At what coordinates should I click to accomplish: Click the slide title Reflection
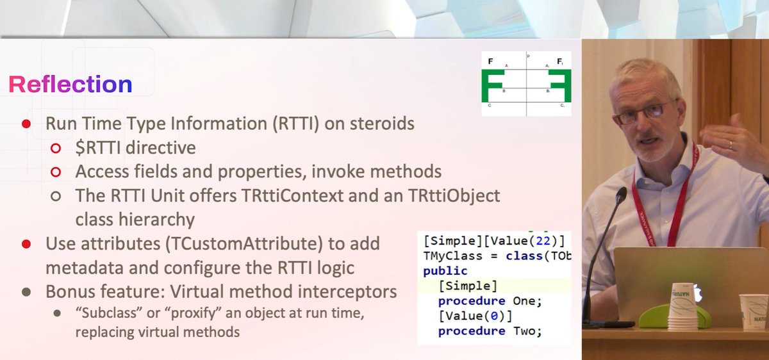click(x=70, y=84)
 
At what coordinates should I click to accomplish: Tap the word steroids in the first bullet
click(x=379, y=124)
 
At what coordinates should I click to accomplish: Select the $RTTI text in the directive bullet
click(x=99, y=148)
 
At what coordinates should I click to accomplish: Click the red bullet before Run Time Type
click(x=26, y=124)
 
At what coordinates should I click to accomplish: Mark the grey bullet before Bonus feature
click(x=26, y=291)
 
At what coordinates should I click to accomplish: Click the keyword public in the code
click(x=445, y=270)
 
